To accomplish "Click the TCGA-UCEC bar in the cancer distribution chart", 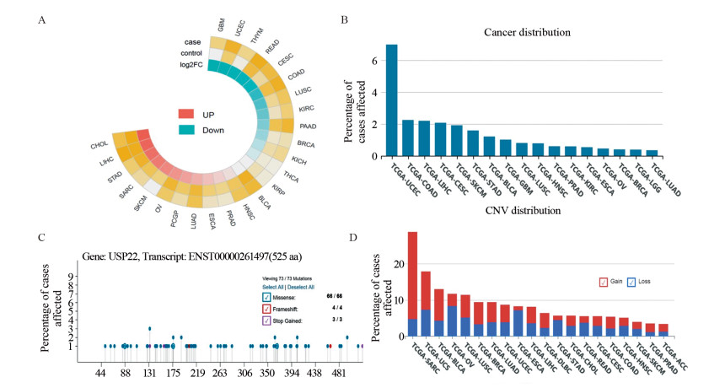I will (391, 100).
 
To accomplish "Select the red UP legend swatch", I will (186, 114).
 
